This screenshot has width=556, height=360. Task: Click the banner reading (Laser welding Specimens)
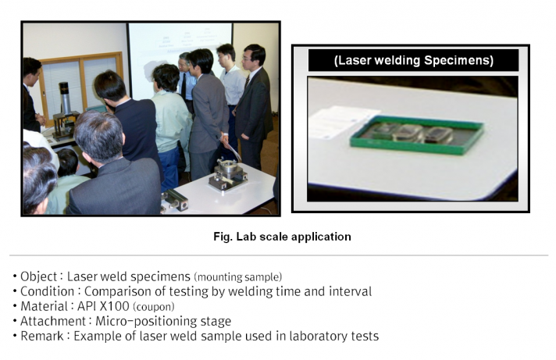pyautogui.click(x=413, y=60)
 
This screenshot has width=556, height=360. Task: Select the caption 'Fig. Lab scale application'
pyautogui.click(x=282, y=237)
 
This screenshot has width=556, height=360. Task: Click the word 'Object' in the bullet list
pyautogui.click(x=38, y=276)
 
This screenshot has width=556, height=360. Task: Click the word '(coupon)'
pyautogui.click(x=154, y=306)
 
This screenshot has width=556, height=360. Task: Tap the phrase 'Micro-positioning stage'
pyautogui.click(x=163, y=321)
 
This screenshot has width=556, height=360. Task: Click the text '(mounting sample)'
pyautogui.click(x=238, y=276)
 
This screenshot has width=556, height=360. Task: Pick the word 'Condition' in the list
pyautogui.click(x=47, y=291)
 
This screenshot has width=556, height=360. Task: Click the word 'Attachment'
pyautogui.click(x=53, y=321)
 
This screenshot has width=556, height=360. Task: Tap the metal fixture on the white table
pyautogui.click(x=228, y=175)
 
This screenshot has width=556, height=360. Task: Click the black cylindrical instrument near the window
pyautogui.click(x=64, y=98)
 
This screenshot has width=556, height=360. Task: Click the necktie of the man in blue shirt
pyautogui.click(x=184, y=86)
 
